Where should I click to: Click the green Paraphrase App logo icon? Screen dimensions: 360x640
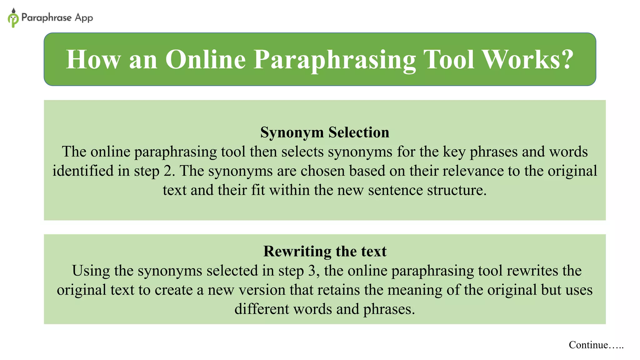tap(13, 18)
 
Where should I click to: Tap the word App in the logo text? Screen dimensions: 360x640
tap(84, 18)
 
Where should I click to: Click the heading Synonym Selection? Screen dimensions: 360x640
tap(325, 132)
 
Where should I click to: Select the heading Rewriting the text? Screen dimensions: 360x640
tap(325, 251)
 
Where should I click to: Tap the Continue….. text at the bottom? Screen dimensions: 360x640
tap(596, 345)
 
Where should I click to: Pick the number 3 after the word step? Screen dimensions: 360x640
tap(312, 271)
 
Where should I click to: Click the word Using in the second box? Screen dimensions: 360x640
tap(91, 271)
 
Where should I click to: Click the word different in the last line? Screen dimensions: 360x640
tap(262, 309)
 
